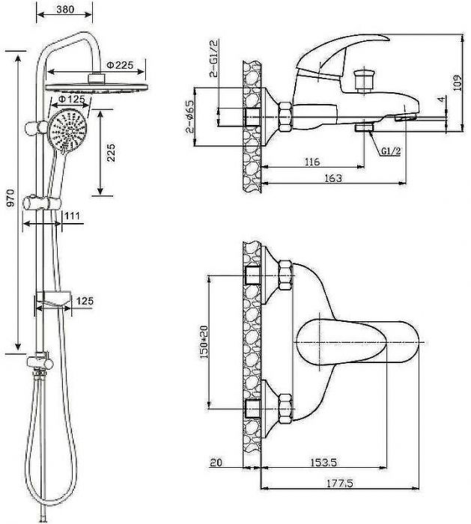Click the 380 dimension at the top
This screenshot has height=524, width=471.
(65, 9)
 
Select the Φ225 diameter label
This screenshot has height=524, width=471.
(120, 64)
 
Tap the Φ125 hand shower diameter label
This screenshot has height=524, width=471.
(71, 100)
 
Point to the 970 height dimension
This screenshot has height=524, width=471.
(10, 198)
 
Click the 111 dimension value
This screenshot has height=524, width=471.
(72, 216)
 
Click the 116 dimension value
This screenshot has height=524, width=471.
(312, 162)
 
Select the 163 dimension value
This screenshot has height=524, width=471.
(334, 178)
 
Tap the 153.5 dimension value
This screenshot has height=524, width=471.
(323, 463)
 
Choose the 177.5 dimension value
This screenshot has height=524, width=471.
(339, 483)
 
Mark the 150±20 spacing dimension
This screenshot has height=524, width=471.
(204, 342)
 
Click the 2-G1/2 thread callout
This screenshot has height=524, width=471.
(214, 58)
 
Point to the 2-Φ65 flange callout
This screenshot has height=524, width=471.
(190, 116)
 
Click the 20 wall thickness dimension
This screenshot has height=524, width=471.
(216, 463)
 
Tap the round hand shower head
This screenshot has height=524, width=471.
(67, 130)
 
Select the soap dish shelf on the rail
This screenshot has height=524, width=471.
(53, 299)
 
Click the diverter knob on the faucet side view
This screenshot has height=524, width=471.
(364, 79)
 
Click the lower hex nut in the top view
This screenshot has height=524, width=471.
(286, 409)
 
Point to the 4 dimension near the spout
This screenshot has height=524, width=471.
(442, 100)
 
